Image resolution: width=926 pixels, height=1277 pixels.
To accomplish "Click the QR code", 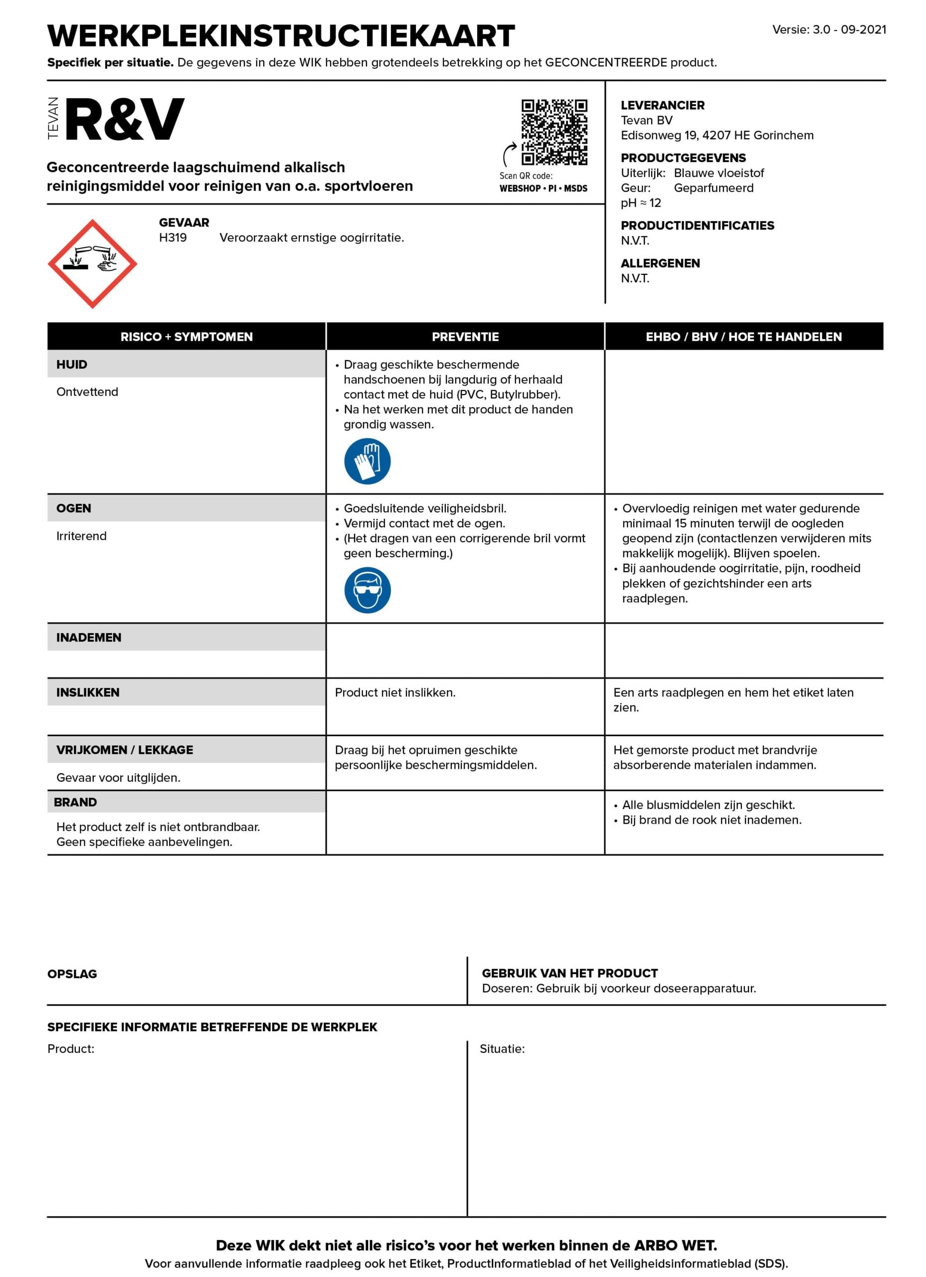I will click(x=554, y=132).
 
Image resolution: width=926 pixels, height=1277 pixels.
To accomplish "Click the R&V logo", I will click(x=124, y=119).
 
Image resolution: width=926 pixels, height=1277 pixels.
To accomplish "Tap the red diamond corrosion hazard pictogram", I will click(x=92, y=263).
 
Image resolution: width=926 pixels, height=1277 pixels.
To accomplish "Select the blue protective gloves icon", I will click(x=367, y=461).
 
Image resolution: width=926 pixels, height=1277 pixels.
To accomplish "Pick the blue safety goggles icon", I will click(x=367, y=590).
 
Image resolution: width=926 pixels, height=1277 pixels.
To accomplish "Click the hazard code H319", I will click(x=173, y=237).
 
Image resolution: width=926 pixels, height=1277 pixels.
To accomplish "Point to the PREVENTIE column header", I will click(x=465, y=337).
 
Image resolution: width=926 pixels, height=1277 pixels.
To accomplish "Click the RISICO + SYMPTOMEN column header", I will click(x=186, y=337).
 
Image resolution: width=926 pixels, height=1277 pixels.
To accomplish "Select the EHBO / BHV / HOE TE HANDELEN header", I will click(x=743, y=337).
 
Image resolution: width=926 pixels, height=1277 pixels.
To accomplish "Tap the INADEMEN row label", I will click(x=89, y=638).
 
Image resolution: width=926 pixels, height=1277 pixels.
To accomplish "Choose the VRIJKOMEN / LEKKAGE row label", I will click(x=124, y=750).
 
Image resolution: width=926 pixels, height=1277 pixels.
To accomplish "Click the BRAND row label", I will click(x=75, y=802).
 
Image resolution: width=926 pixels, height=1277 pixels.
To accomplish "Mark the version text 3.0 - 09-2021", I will click(x=849, y=30).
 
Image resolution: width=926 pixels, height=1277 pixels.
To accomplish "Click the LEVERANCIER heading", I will click(x=663, y=105).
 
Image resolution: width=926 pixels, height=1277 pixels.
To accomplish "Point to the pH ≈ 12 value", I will click(x=641, y=203).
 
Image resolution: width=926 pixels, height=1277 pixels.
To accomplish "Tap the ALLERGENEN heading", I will click(x=660, y=263).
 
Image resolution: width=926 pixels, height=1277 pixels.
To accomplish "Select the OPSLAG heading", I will click(x=72, y=974).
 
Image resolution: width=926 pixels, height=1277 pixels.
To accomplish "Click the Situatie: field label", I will click(x=502, y=1049).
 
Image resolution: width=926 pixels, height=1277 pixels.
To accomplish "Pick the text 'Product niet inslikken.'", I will click(x=395, y=692).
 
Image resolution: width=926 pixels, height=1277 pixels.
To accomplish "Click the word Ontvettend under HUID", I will click(x=87, y=392).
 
